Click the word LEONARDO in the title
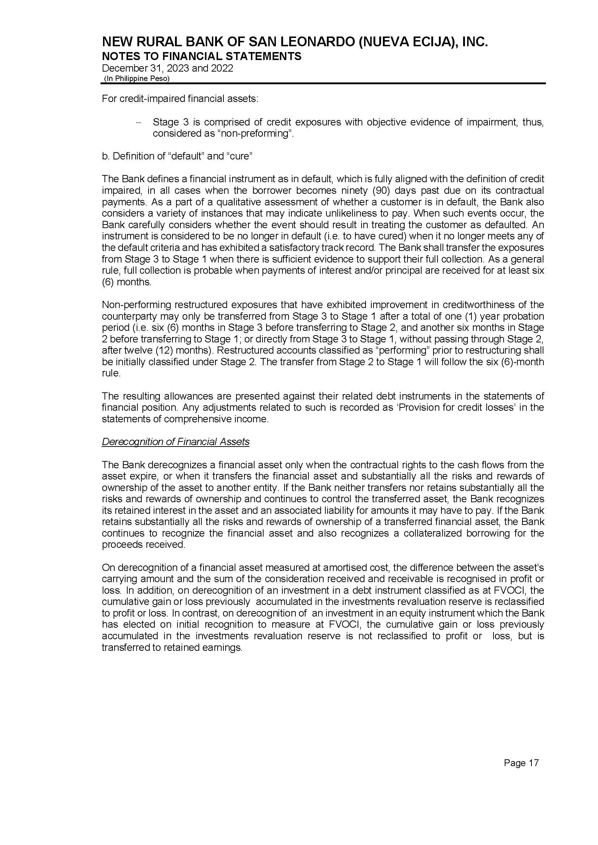tap(316, 43)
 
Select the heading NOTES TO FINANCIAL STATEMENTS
tap(201, 56)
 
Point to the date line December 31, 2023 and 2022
tap(167, 68)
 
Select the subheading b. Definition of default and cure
tap(177, 156)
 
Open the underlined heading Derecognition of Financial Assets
tap(175, 442)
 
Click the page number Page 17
tap(521, 763)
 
